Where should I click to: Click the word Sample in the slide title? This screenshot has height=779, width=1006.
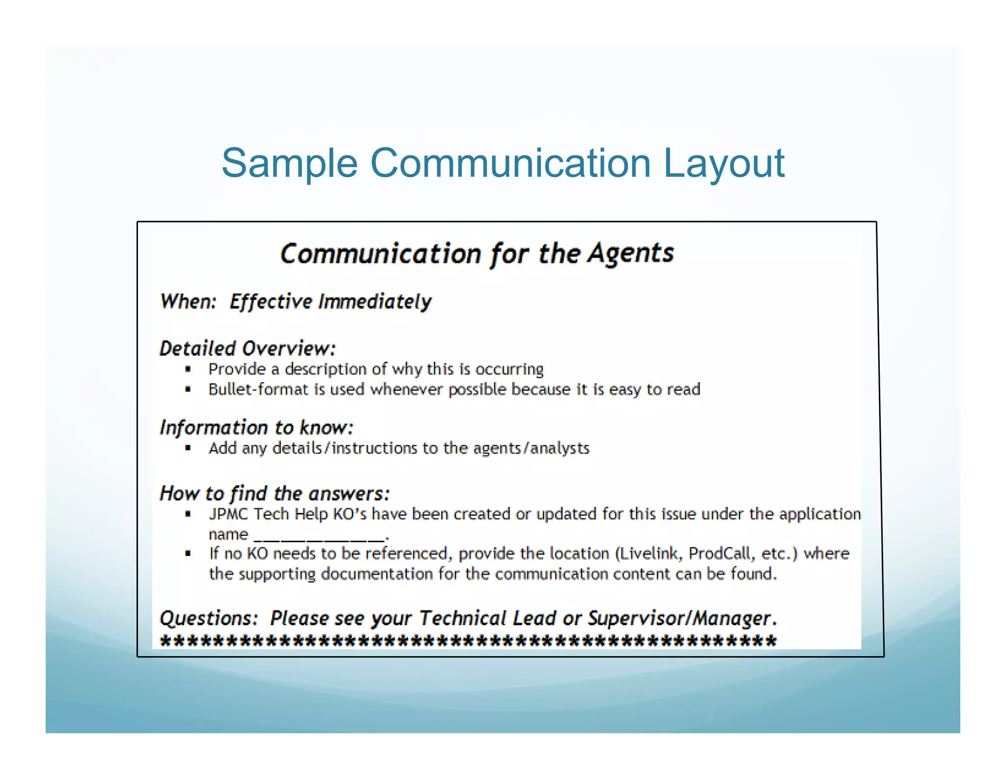[289, 163]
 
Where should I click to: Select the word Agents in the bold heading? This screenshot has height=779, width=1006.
[631, 253]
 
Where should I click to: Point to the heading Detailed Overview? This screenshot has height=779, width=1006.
[248, 348]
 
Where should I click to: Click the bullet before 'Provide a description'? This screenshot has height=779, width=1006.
[188, 369]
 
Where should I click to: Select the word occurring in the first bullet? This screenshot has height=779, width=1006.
[509, 369]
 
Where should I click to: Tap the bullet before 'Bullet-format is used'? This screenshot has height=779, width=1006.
[188, 389]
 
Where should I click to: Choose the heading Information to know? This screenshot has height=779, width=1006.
[256, 427]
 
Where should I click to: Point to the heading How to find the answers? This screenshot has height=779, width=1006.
[275, 493]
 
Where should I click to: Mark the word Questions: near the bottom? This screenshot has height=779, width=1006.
[209, 618]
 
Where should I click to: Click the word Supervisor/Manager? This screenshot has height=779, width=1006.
[680, 618]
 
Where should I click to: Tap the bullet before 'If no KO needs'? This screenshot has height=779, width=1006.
[188, 554]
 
